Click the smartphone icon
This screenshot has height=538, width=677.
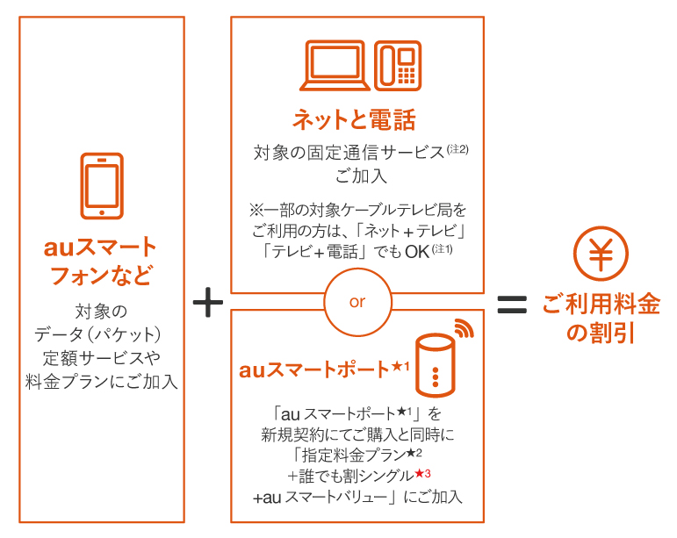tap(102, 185)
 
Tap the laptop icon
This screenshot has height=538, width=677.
tap(335, 65)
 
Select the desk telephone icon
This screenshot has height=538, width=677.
tap(398, 65)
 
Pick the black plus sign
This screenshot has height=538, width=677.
tap(208, 303)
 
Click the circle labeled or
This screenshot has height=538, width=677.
tap(357, 302)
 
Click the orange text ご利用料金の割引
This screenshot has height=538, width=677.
tap(601, 318)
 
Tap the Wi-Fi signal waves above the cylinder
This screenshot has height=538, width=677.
tap(463, 329)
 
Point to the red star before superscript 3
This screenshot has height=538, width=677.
tap(418, 474)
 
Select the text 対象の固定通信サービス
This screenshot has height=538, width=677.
tap(349, 153)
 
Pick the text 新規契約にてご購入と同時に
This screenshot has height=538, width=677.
tap(357, 434)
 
